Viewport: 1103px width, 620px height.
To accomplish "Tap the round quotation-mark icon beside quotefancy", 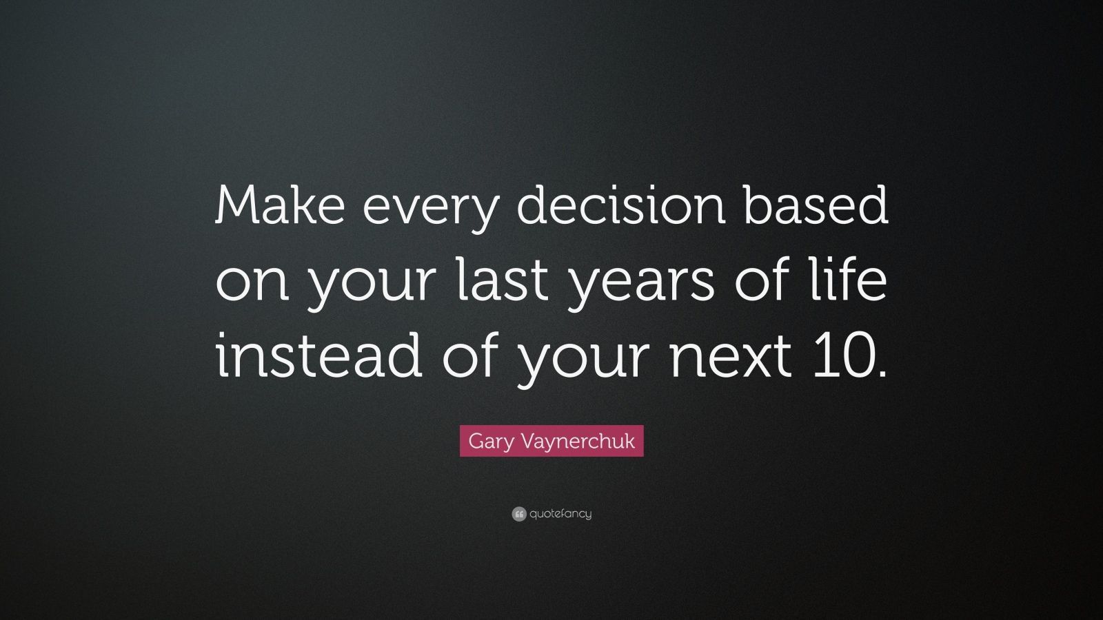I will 519,514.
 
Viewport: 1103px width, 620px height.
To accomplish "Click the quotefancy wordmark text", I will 560,514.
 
